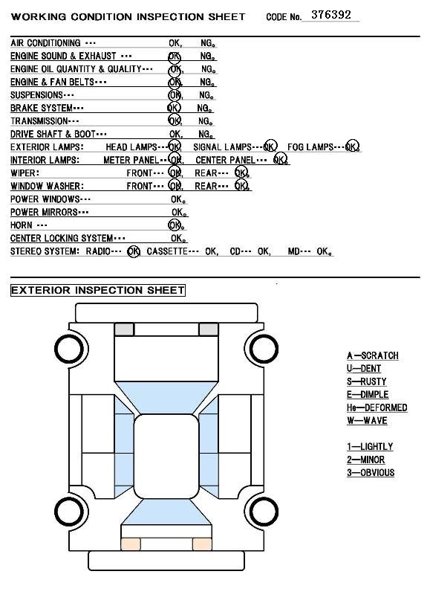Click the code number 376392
click(x=331, y=15)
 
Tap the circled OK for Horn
click(x=175, y=225)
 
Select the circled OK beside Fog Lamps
click(x=352, y=146)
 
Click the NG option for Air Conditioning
click(x=208, y=42)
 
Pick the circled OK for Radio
click(x=134, y=251)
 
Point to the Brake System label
click(x=47, y=108)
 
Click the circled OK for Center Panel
click(x=280, y=159)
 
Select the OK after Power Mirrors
click(x=179, y=212)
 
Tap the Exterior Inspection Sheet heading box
click(x=98, y=290)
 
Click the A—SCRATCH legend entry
click(x=373, y=355)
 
